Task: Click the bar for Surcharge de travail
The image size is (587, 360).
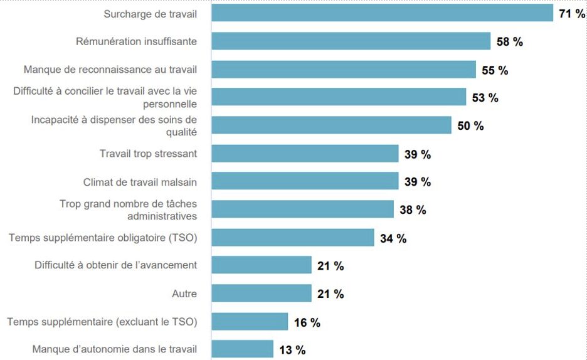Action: point(382,13)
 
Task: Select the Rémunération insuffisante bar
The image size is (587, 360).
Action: point(351,41)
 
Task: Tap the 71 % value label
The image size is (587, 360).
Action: point(572,13)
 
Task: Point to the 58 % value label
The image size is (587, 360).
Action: point(509,42)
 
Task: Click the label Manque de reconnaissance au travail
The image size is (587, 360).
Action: point(110,69)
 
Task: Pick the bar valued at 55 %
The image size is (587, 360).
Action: point(344,69)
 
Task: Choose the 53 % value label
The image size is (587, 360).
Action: point(485,98)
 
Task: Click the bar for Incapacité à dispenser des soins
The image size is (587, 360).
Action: point(331,125)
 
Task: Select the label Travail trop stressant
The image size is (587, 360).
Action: point(148,154)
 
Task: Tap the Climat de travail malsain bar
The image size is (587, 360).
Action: point(305,181)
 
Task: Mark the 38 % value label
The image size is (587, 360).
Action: point(413,210)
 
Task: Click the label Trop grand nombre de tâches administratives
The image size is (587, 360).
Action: point(128,209)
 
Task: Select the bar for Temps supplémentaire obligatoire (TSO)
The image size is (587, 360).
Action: point(293,237)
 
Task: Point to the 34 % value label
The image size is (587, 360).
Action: point(393,238)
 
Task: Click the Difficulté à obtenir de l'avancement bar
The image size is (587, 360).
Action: point(262,265)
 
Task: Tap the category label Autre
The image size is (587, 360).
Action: point(184,294)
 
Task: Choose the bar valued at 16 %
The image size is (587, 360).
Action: point(250,322)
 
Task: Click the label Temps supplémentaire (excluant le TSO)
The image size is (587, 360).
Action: point(102,322)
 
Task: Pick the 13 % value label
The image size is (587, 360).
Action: point(292,350)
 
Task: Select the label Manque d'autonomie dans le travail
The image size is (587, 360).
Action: point(114,349)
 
